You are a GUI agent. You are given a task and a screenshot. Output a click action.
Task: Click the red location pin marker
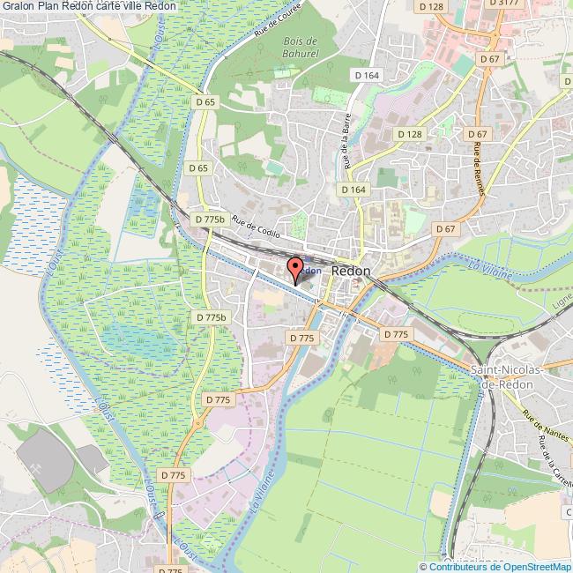click(x=296, y=267)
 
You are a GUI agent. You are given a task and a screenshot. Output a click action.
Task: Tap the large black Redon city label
click(x=352, y=273)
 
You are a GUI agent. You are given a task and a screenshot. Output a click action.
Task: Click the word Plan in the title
click(x=53, y=6)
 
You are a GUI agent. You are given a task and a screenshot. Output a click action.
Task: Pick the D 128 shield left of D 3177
click(x=432, y=7)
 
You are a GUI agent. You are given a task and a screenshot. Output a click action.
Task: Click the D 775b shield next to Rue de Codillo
click(x=210, y=219)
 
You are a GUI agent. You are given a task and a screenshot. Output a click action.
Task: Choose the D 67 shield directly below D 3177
click(x=489, y=58)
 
